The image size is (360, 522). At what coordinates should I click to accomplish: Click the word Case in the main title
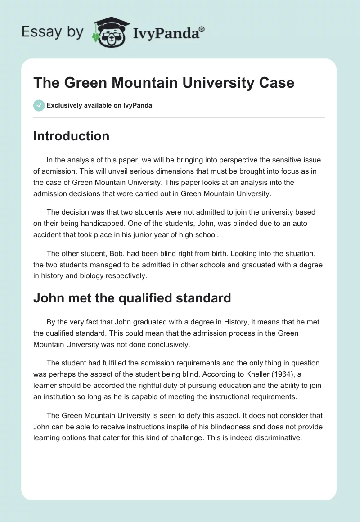276,83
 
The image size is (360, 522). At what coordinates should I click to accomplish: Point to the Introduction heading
71,136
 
